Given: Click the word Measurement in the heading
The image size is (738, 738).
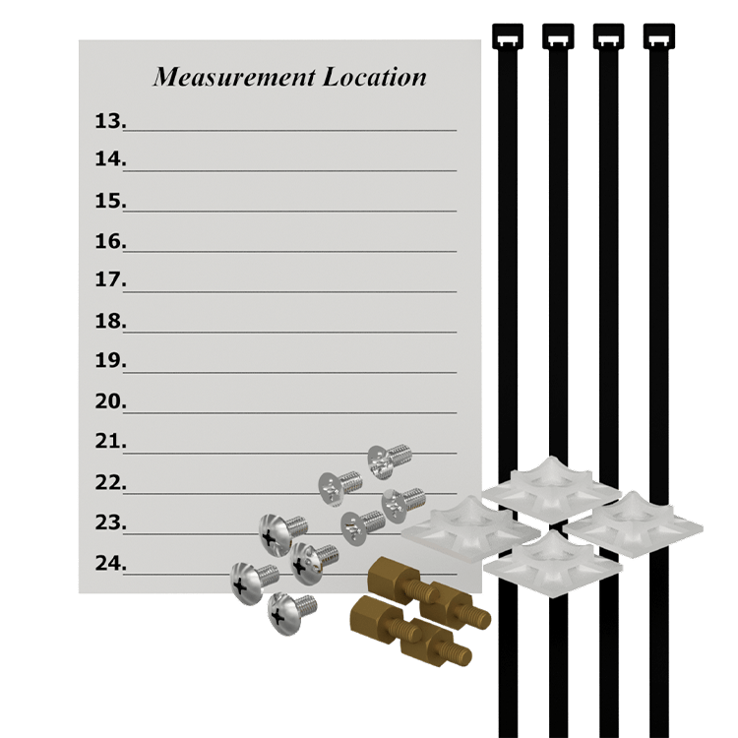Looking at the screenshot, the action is point(234,77).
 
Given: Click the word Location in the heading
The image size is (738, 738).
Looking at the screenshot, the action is point(375,77).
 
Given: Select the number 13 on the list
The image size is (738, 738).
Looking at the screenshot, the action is point(110,121).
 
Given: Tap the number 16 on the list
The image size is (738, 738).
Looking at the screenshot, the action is point(110,241).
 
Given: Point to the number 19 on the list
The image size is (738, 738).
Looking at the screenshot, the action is point(110,360).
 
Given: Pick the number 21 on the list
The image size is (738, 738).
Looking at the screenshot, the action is point(110,442).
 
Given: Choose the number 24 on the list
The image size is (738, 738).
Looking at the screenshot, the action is point(110,563).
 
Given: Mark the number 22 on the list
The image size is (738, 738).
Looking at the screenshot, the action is point(110,482).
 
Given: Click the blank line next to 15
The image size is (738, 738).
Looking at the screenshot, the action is point(290,211).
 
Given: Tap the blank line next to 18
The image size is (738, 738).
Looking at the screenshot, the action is point(290,333).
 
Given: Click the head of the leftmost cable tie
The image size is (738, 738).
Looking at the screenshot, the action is point(508,36).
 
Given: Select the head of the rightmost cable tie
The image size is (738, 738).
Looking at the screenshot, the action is point(659,36).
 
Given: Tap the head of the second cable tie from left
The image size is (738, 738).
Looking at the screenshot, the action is point(558,36).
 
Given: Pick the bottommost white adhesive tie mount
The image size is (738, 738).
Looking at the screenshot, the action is point(553,564).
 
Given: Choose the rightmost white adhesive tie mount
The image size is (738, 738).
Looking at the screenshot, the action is point(633,524).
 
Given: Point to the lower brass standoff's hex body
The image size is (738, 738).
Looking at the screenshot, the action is point(370,616).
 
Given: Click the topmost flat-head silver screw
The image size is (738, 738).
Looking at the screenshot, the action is point(390,461).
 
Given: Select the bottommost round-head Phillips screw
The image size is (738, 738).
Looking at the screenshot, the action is point(291,613).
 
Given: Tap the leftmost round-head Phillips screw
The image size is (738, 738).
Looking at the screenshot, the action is point(254,583).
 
